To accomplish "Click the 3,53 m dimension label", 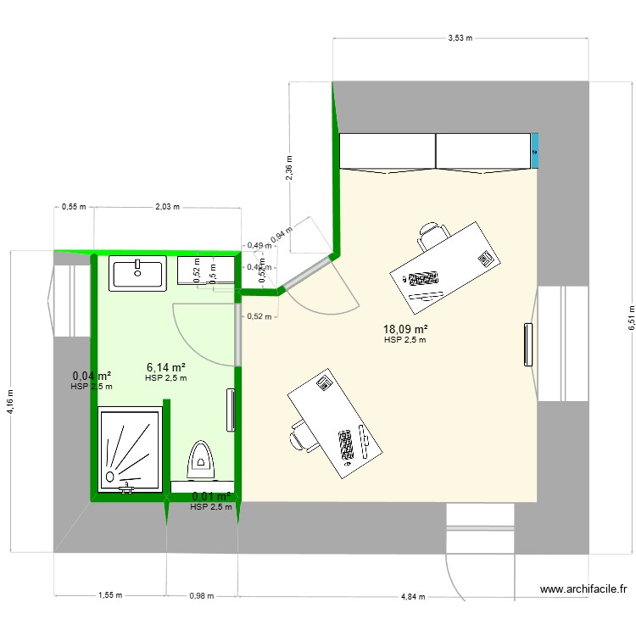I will (x=460, y=38).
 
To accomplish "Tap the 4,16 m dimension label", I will (x=9, y=400).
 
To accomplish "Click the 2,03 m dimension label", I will (x=166, y=206).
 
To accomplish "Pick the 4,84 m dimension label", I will (x=414, y=595).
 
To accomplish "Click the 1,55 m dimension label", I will (x=110, y=595).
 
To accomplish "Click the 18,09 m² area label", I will (x=404, y=329).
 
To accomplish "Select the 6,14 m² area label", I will (x=165, y=367).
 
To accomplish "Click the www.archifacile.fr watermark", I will (x=583, y=589).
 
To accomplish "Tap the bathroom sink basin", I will (x=137, y=274).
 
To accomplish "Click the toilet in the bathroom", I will (x=201, y=456).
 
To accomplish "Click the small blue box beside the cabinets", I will (x=534, y=151).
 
